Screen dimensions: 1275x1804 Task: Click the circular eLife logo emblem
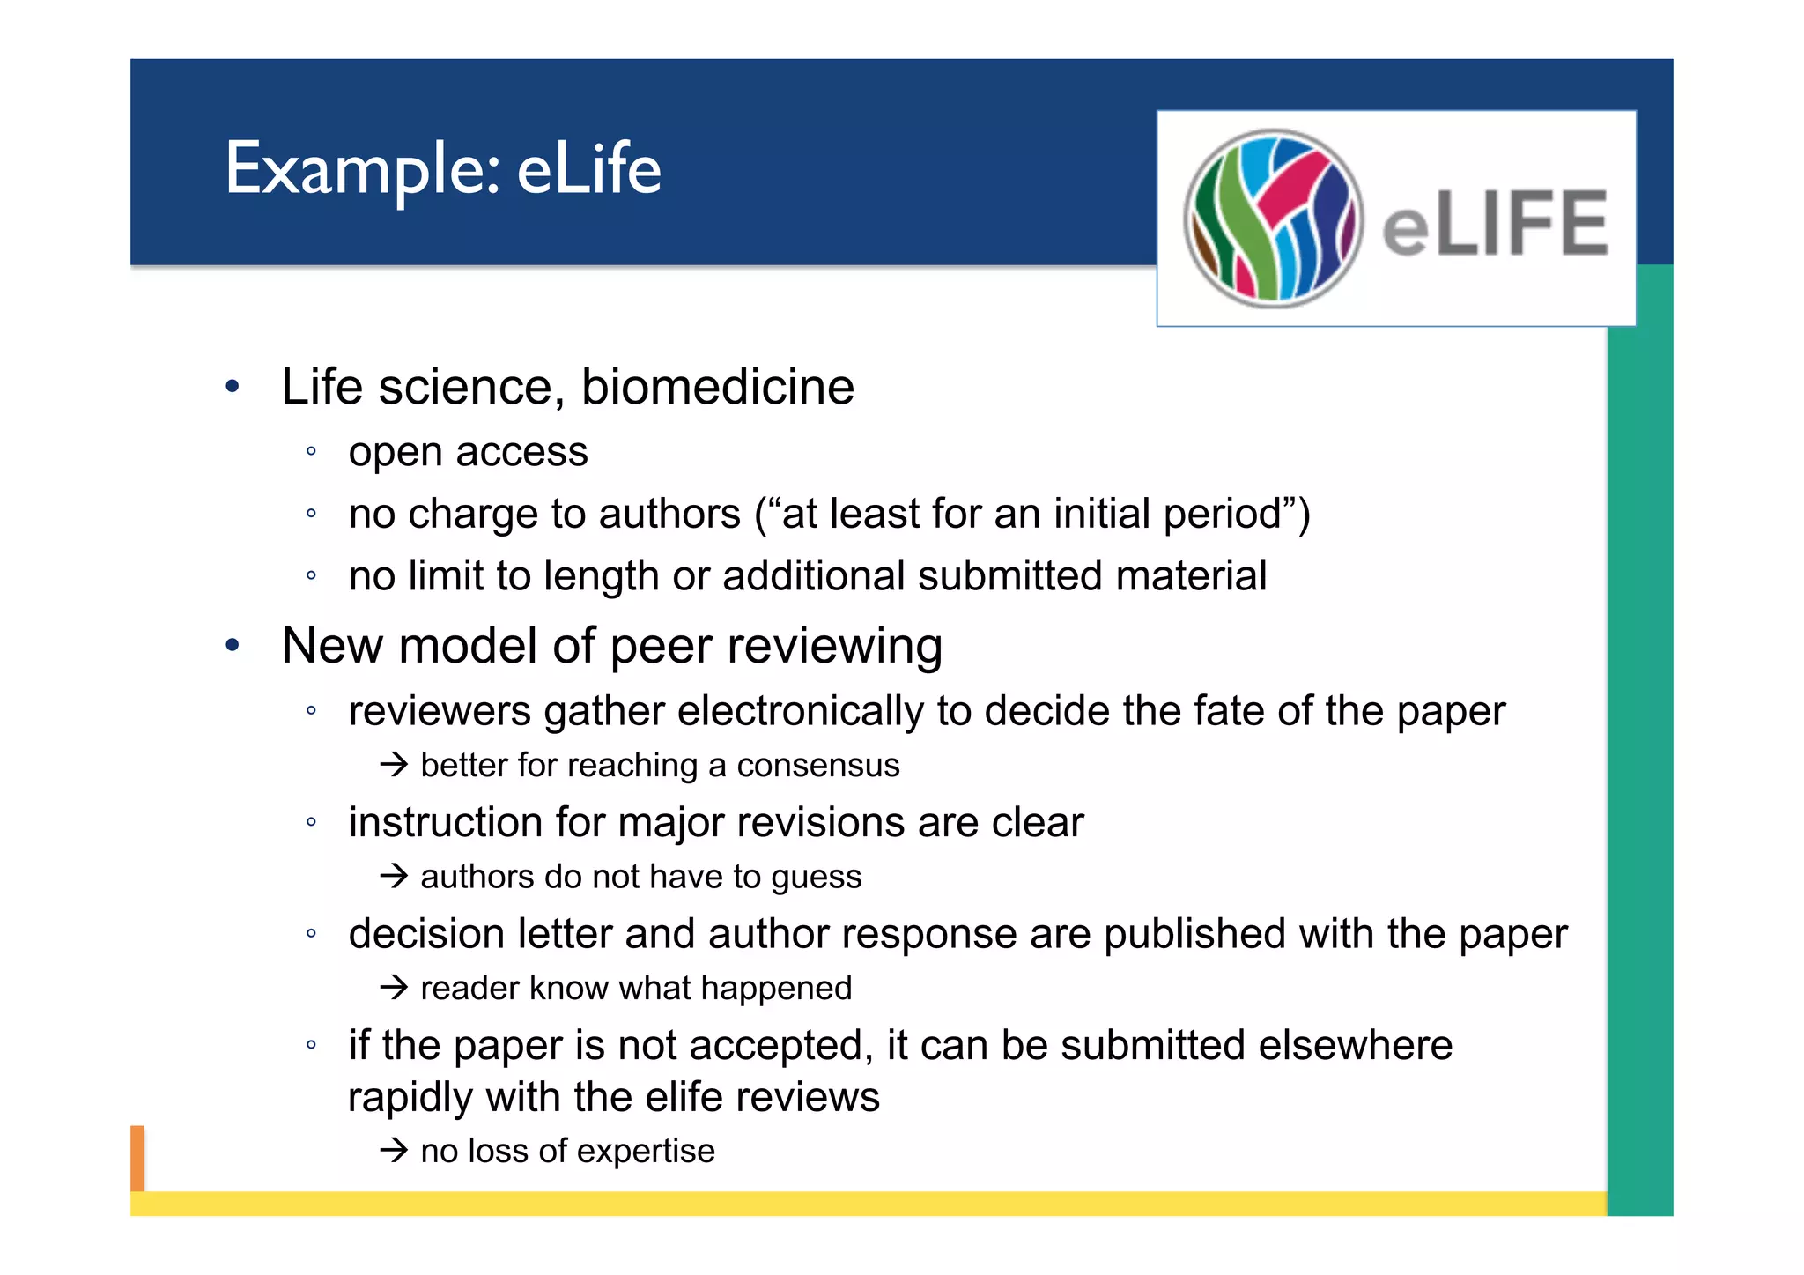(1273, 219)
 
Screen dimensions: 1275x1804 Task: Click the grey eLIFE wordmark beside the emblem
(1495, 224)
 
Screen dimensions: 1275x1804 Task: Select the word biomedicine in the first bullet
(717, 387)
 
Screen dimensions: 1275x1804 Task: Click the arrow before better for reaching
(395, 764)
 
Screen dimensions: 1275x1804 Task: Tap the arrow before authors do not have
(395, 876)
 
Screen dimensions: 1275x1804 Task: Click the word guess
(816, 878)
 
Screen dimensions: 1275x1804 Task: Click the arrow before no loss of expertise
(395, 1150)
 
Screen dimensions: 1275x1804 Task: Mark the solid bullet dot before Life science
(233, 386)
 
